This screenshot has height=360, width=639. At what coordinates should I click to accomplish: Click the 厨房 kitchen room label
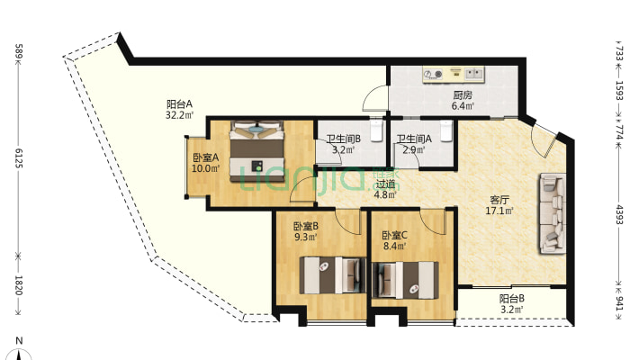coord(463,94)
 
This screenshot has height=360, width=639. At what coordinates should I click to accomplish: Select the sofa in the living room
coord(552,212)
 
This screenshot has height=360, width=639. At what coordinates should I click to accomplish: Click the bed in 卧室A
coord(258,152)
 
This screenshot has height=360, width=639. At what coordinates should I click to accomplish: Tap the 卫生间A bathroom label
coord(414,139)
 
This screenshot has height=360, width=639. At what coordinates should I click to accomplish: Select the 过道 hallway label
coord(385,183)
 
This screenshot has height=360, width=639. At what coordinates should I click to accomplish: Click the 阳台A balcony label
coord(180,103)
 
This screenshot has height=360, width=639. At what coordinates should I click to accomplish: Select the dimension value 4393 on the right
coord(618,217)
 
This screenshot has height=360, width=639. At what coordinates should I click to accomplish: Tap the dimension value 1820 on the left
coord(18,283)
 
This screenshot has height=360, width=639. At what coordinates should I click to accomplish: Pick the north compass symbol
coord(18,351)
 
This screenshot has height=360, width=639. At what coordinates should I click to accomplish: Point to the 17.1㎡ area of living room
coord(500,211)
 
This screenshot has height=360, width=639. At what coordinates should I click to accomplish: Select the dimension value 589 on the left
coord(18,53)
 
